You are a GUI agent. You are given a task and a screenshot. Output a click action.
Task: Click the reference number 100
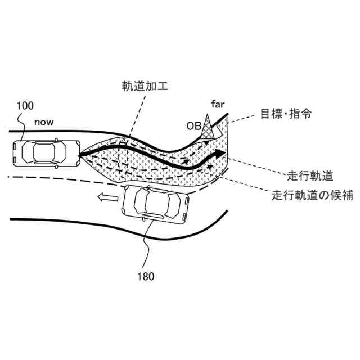pos(24,105)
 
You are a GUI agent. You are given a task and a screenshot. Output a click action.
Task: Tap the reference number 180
pos(145,276)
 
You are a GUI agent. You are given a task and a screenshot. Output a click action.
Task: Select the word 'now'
pos(44,121)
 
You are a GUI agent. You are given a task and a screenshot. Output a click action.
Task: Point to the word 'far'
pos(218,105)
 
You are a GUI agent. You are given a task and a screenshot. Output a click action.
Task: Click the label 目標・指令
pos(286,114)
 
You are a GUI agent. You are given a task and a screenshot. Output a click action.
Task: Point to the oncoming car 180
pos(155,204)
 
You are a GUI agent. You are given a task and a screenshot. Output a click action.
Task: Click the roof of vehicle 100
pos(43,151)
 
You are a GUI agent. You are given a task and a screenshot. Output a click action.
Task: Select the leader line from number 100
pos(21,124)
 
